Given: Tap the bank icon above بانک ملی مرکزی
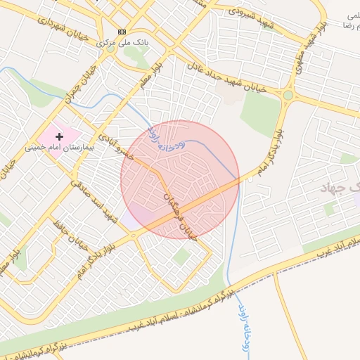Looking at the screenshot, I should pyautogui.click(x=122, y=32).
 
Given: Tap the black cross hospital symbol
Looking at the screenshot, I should pyautogui.click(x=59, y=135).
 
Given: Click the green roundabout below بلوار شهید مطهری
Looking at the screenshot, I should pyautogui.click(x=288, y=95).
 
